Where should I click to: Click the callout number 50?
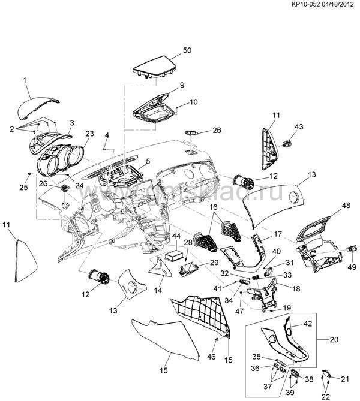187,50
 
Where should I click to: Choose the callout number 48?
329,205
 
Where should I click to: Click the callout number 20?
334,339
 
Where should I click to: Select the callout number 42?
307,324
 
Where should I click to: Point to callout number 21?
344,379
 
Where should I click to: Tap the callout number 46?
210,357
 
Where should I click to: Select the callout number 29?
213,263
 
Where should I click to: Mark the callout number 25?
22,188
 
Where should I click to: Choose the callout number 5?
147,161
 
